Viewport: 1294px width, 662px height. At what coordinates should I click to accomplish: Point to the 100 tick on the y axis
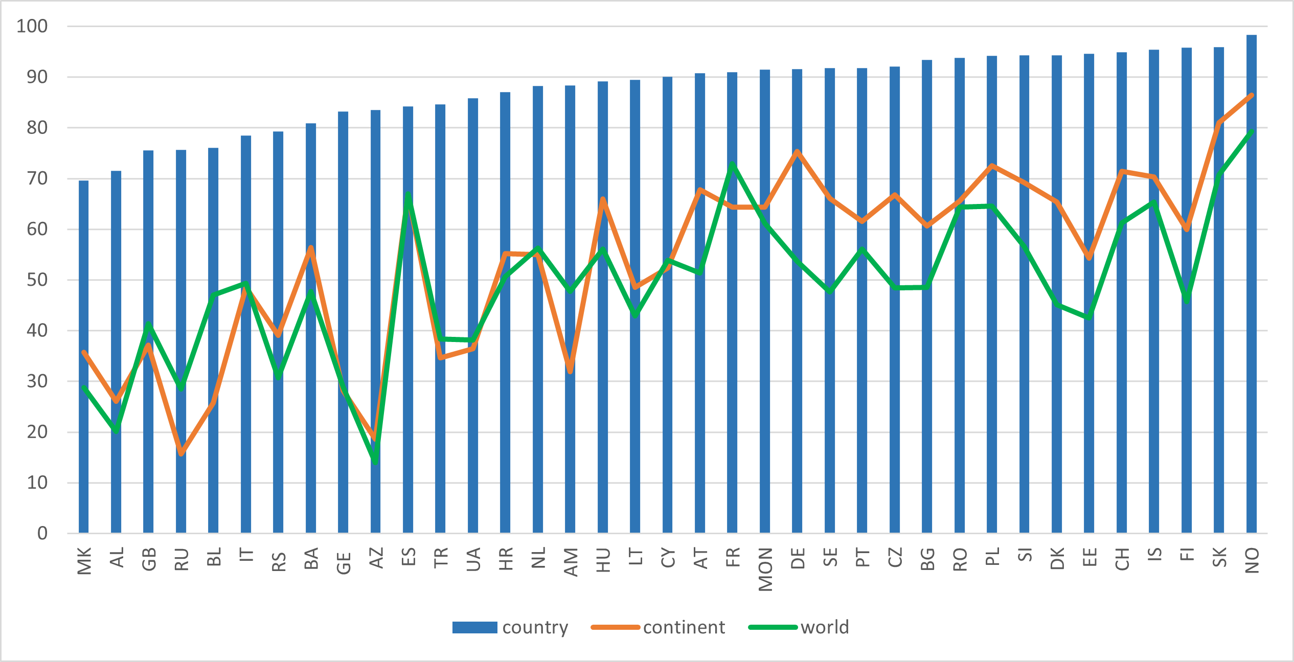tap(32, 27)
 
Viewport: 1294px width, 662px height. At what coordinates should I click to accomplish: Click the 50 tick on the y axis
tap(37, 280)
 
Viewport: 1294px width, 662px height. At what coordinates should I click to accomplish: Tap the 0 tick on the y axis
tap(42, 534)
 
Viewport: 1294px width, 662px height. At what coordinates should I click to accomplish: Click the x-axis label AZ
tap(376, 558)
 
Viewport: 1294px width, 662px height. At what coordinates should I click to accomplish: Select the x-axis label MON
tap(765, 569)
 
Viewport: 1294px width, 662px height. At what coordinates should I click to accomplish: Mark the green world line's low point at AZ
tap(375, 461)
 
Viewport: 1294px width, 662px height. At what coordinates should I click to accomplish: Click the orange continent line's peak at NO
tap(1251, 95)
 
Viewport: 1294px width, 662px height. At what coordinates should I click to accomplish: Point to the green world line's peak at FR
tap(732, 165)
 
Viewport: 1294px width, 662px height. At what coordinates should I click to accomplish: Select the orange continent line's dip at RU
tap(181, 453)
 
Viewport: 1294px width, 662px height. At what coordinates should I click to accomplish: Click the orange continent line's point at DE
tap(797, 152)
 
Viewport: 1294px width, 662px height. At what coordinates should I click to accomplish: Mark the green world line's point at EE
tap(1089, 317)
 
